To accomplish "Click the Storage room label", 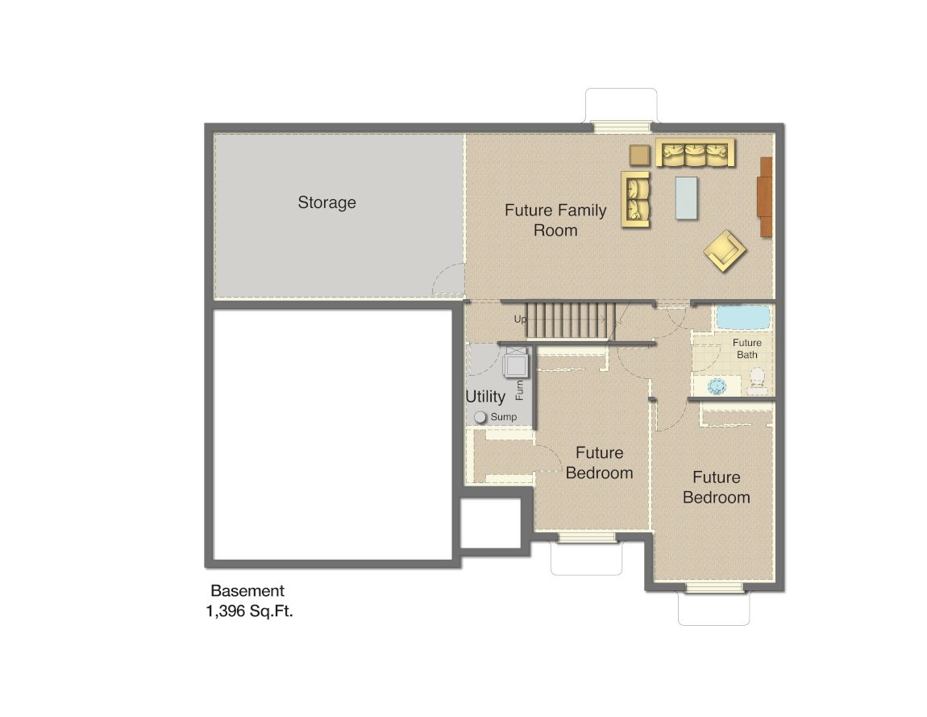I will (326, 202).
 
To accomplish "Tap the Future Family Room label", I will (555, 220).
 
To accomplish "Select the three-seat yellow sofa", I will (695, 153).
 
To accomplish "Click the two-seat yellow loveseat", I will (635, 199).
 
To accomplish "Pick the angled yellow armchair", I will (725, 251).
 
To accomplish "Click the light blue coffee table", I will (687, 198).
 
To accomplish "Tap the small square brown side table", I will (640, 154).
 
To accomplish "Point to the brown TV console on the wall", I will (766, 197).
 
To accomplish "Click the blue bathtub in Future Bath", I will (744, 318).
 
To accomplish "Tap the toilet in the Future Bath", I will (757, 380).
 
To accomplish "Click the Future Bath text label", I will (746, 348).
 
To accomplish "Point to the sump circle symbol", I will (480, 417).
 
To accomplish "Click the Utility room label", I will (485, 397).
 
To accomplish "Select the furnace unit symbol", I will (514, 364).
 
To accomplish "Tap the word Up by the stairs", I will (521, 319).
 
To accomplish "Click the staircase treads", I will (571, 320).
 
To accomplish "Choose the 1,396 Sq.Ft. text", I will (249, 611).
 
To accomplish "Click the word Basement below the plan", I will (247, 591).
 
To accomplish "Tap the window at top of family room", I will (621, 127).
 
